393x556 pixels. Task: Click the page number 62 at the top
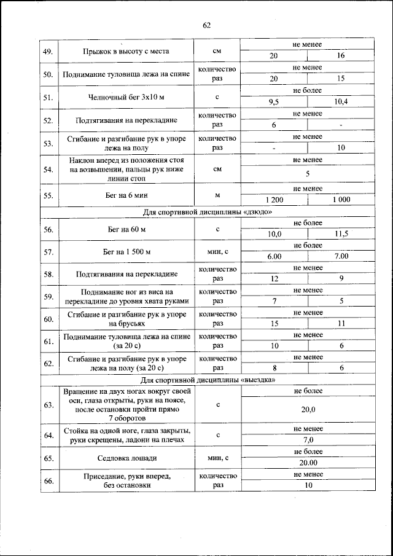point(206,25)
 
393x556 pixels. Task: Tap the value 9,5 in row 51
point(274,102)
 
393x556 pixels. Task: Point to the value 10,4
point(341,102)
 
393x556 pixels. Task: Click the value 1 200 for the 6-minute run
point(274,200)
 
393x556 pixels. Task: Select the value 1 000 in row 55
point(341,200)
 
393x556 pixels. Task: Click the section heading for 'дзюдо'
point(206,212)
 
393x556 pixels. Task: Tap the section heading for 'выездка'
point(206,380)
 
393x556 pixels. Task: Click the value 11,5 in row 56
point(341,234)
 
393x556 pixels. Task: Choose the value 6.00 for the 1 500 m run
point(274,256)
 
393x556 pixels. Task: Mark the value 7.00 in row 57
point(341,256)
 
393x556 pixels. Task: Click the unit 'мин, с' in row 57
point(217,251)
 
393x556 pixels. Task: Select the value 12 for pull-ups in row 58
point(274,279)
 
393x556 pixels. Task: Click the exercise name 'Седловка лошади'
point(126,458)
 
